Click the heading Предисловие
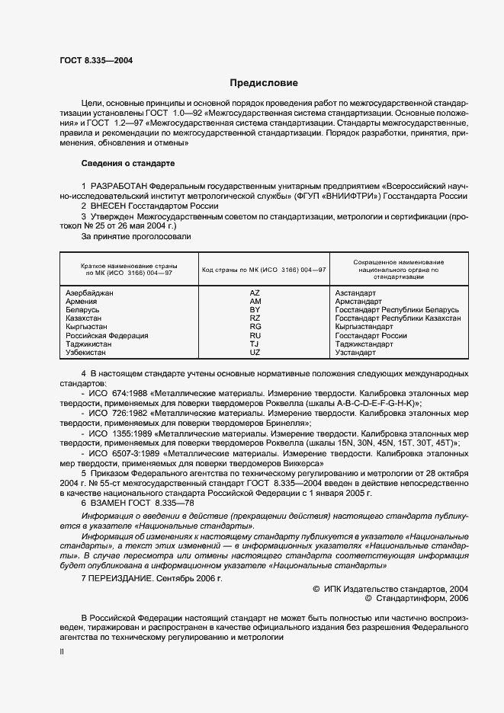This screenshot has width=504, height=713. click(x=264, y=83)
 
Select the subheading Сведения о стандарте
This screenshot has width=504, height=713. click(x=128, y=164)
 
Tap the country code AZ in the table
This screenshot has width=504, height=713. click(x=255, y=293)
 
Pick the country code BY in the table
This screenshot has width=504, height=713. click(x=255, y=310)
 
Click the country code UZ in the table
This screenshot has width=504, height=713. click(x=255, y=353)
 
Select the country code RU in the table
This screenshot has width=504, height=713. click(x=255, y=336)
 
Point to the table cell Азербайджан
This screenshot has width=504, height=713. click(x=89, y=293)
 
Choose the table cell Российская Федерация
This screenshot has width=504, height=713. click(x=107, y=336)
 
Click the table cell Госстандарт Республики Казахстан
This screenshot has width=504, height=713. click(x=397, y=318)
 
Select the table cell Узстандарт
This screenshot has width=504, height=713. click(x=355, y=353)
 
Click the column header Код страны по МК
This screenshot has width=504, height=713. click(x=264, y=270)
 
